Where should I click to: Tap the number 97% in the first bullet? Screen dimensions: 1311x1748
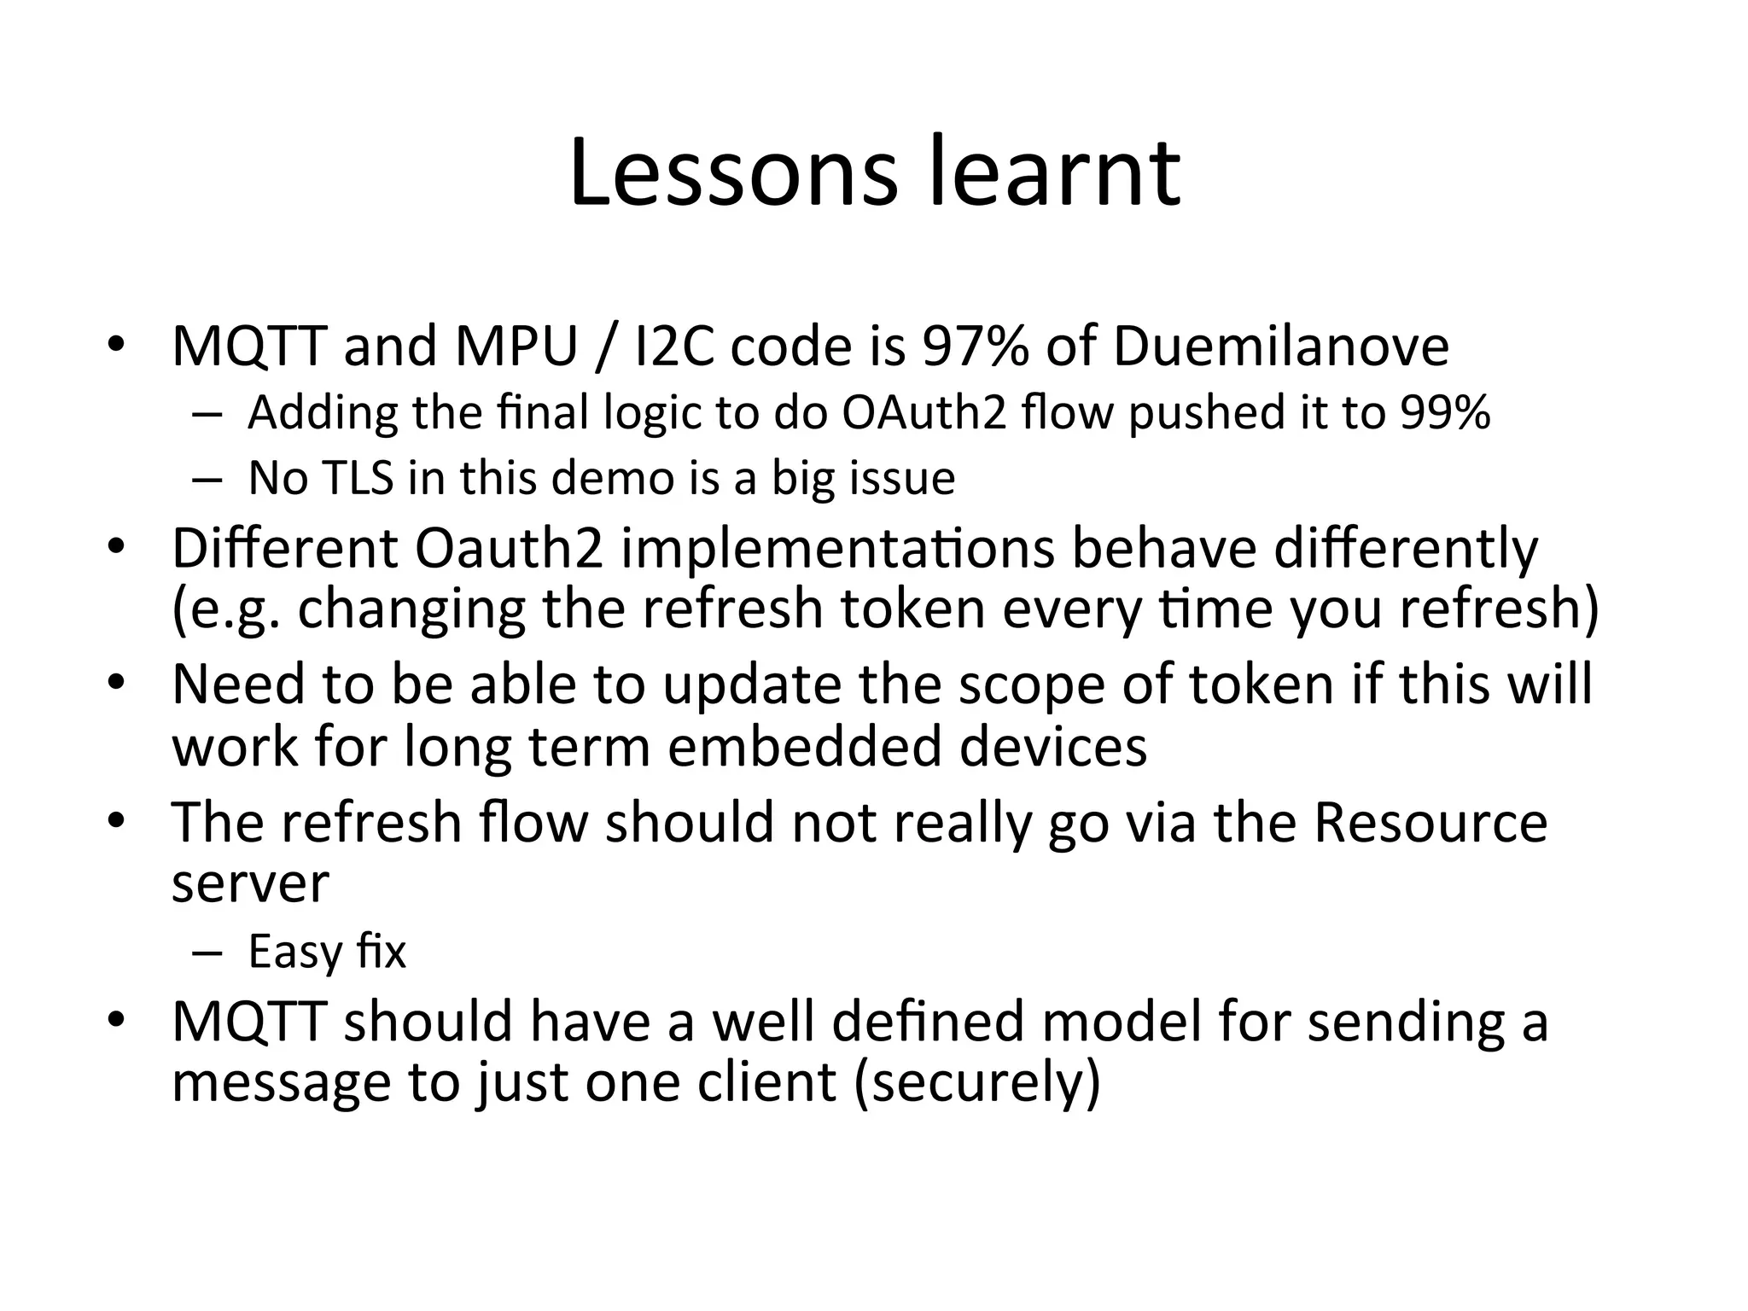(976, 347)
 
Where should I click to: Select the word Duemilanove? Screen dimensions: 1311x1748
(1280, 347)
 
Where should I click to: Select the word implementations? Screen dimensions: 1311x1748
(837, 549)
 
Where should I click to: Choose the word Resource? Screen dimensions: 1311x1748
(1430, 822)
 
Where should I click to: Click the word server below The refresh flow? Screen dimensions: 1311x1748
(249, 884)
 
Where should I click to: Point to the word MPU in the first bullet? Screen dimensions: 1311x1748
(516, 347)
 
